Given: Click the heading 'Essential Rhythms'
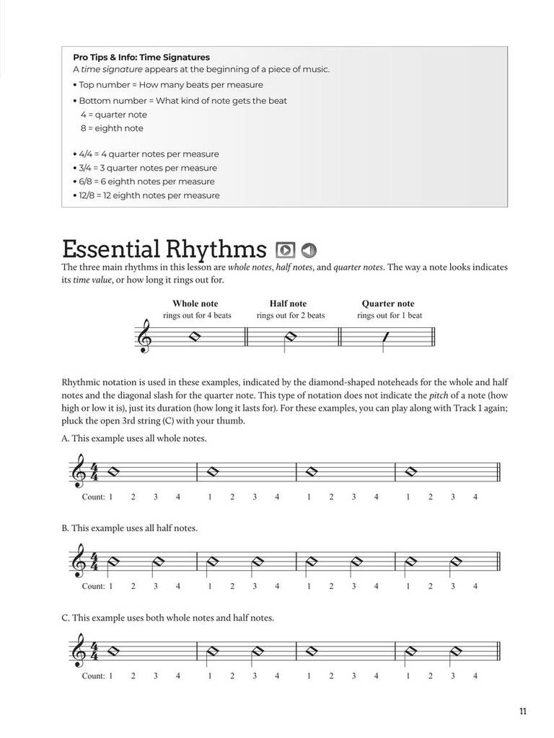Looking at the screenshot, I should [x=164, y=249].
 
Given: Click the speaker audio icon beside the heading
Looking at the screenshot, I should [x=309, y=250].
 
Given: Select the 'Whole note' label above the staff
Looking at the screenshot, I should [x=195, y=303].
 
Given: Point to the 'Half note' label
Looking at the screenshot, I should [x=288, y=303].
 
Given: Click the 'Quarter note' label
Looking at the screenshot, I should [x=388, y=303].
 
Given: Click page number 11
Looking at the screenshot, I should [x=522, y=712].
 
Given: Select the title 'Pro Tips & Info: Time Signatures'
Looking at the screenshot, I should [x=141, y=57].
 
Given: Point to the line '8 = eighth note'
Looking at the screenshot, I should [x=112, y=128].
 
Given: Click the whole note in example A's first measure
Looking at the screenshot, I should [x=112, y=472].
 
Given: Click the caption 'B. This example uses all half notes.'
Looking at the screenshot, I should [x=130, y=528].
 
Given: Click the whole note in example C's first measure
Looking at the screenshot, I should [x=112, y=651].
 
